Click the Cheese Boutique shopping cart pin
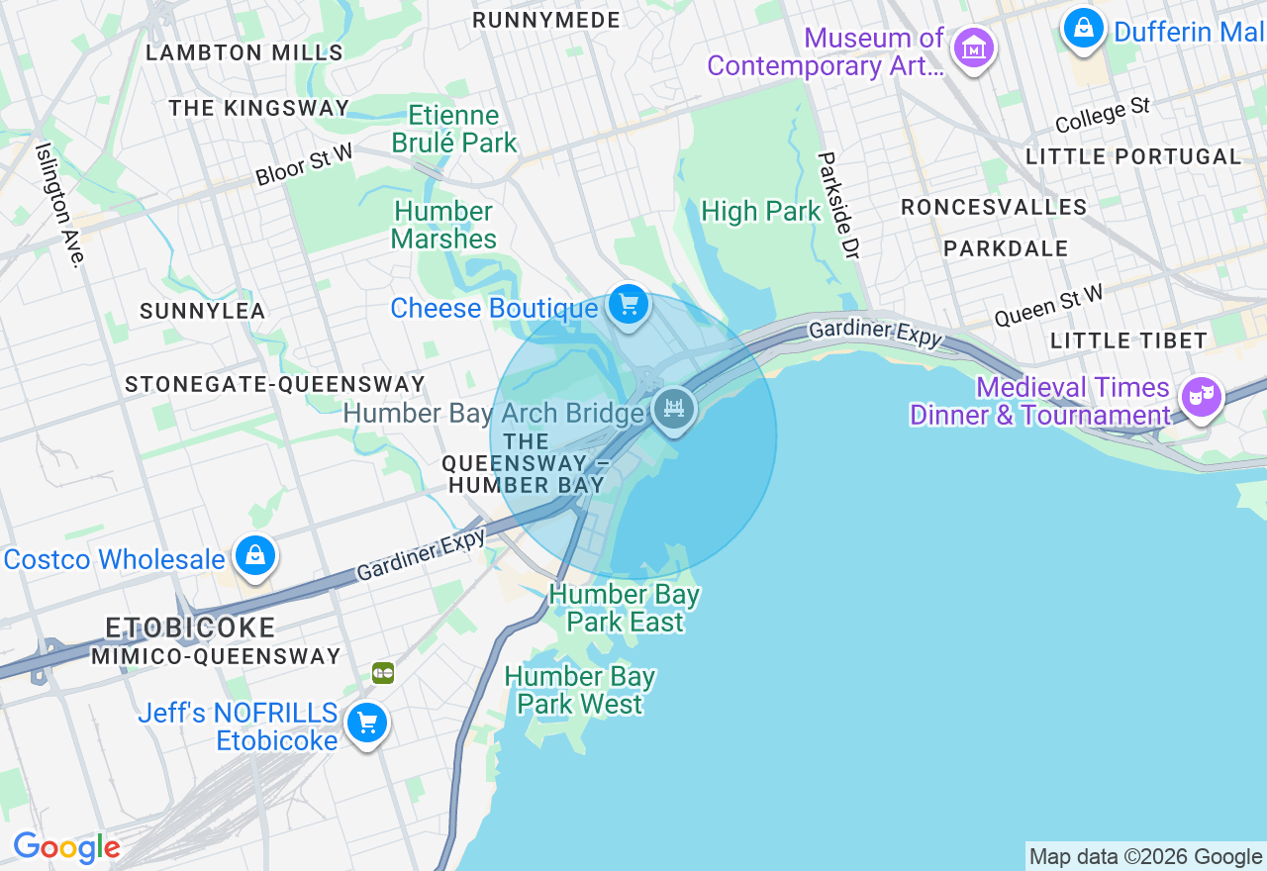[628, 305]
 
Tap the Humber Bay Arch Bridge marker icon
[674, 408]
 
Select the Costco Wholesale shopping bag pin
[255, 556]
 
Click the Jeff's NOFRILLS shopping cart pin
[367, 724]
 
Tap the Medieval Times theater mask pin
[1201, 397]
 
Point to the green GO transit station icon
[383, 673]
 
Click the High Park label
[760, 211]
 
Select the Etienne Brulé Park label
[454, 129]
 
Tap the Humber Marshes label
[443, 225]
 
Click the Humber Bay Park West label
[580, 690]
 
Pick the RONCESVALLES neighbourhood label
[994, 207]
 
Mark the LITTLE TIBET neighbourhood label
[1128, 340]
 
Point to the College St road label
[1102, 115]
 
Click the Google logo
[66, 848]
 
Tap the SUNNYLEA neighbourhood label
[203, 311]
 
